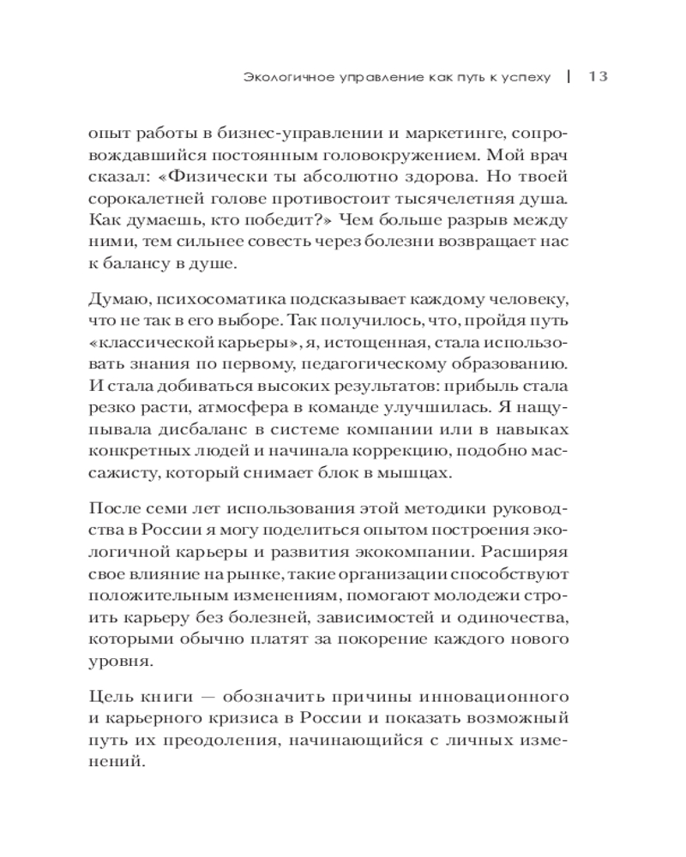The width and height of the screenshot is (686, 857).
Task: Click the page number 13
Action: point(598,76)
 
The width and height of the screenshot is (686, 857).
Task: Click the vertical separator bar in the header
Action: point(569,76)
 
